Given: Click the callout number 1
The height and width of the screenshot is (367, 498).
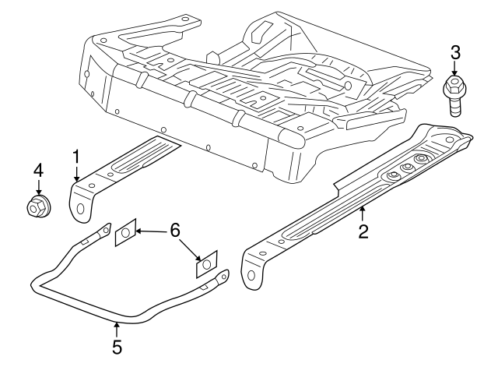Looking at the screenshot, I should pyautogui.click(x=76, y=155).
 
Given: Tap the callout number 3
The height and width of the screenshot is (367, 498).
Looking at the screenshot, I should pyautogui.click(x=456, y=53).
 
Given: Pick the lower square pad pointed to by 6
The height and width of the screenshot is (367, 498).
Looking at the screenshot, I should pyautogui.click(x=206, y=265).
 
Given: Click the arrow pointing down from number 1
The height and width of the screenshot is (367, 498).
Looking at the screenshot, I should pyautogui.click(x=76, y=174).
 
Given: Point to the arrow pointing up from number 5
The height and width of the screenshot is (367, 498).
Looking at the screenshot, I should pyautogui.click(x=117, y=330).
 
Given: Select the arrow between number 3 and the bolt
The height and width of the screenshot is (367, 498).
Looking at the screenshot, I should pyautogui.click(x=456, y=69).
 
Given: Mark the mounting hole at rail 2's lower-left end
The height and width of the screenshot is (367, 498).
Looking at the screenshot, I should pyautogui.click(x=252, y=275).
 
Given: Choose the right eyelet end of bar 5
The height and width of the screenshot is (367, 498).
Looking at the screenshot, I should pyautogui.click(x=224, y=274).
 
